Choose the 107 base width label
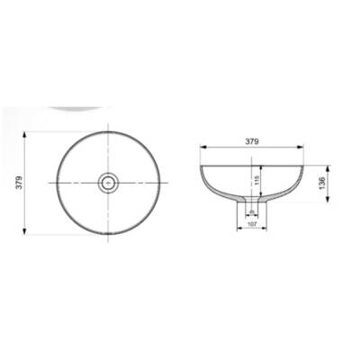251,224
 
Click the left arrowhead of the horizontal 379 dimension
199,147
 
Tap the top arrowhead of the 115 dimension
264,166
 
